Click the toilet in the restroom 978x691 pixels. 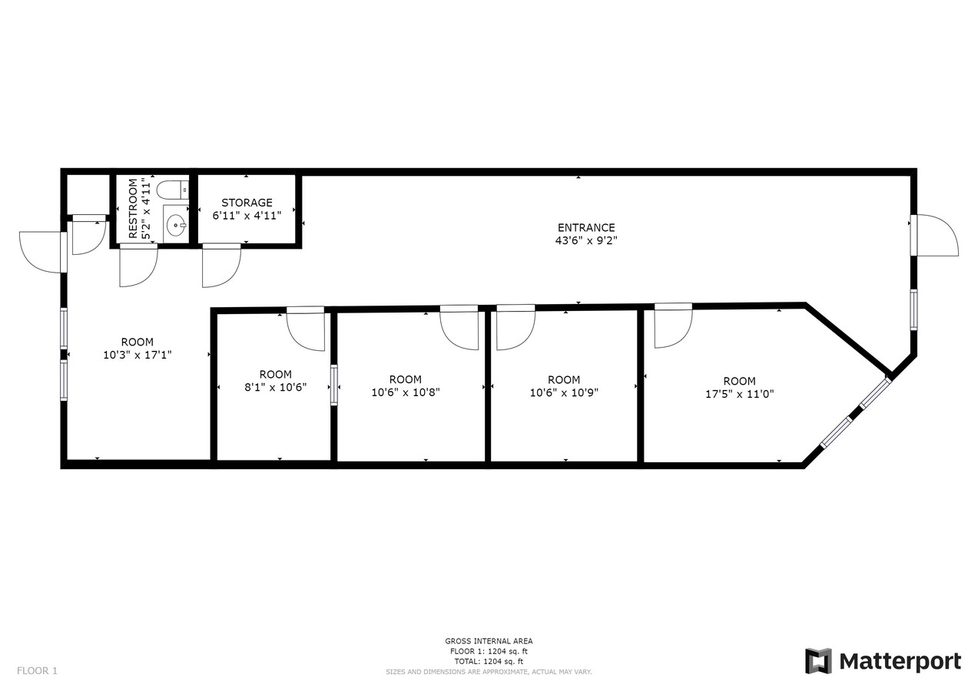point(172,189)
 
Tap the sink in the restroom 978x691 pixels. point(176,225)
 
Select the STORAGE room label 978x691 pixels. point(247,203)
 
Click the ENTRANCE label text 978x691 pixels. point(586,227)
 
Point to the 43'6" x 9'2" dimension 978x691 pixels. point(586,240)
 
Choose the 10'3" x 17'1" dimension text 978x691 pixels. point(137,355)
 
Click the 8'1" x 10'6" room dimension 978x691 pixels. point(275,388)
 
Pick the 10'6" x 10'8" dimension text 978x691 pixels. point(405,392)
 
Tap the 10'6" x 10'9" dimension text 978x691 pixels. point(564,392)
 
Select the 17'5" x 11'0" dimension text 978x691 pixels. point(739,394)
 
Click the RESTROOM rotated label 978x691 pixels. point(133,208)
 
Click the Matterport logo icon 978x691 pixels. point(818,661)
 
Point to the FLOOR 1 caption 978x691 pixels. point(37,671)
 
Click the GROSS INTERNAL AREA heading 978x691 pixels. point(489,641)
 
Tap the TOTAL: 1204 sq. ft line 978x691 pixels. point(489,661)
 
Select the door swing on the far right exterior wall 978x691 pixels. point(936,236)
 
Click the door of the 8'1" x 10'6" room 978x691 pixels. point(306,331)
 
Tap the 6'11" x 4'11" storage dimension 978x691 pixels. point(247,216)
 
